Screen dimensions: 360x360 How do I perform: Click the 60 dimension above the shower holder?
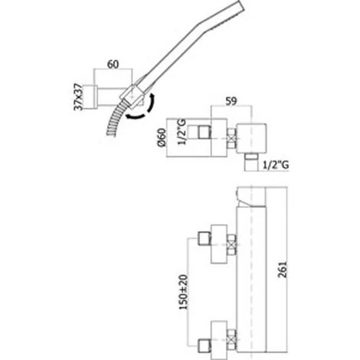(x=113, y=64)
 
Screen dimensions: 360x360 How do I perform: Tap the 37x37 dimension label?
(x=78, y=97)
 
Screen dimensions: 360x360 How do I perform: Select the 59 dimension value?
(x=231, y=101)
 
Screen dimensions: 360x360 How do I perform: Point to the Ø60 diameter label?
(x=162, y=137)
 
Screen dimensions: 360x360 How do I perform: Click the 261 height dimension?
(x=283, y=269)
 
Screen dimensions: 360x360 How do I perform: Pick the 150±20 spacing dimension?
(x=183, y=292)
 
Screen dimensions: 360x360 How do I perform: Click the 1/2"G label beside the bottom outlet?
(x=276, y=165)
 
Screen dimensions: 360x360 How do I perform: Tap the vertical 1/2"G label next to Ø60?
(x=182, y=133)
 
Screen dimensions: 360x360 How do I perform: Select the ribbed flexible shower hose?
(x=116, y=119)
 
